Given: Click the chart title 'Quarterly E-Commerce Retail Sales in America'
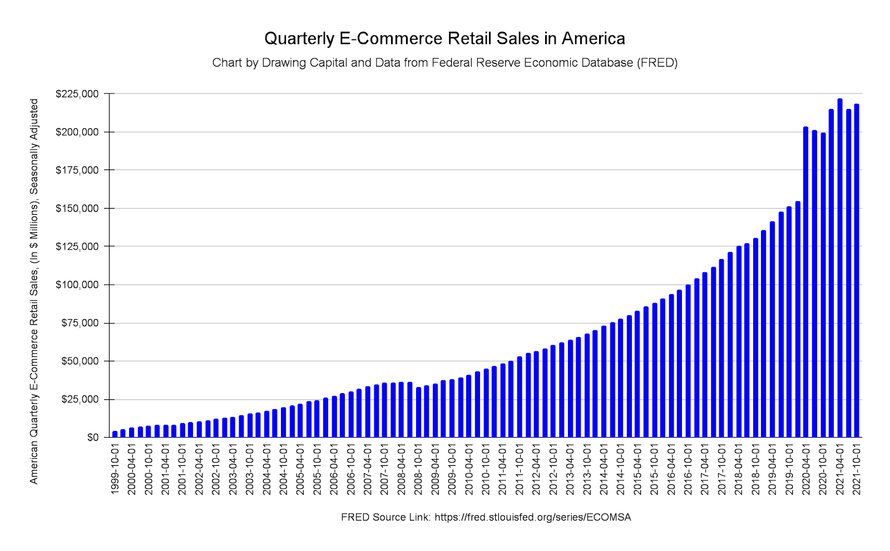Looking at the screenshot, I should tap(444, 38).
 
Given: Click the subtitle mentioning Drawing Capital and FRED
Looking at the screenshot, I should tap(444, 63).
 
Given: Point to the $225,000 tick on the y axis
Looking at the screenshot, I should tap(77, 94).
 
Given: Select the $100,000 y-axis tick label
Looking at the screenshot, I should tap(77, 285).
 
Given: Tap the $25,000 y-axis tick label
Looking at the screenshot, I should tap(80, 400).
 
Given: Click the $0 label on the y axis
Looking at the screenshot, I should tap(93, 438).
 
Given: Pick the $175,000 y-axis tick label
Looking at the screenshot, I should tap(77, 170).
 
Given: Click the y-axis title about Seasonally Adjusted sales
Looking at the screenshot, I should tap(34, 291).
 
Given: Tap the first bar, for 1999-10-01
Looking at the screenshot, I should tap(115, 434).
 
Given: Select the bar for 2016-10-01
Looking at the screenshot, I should tap(688, 361).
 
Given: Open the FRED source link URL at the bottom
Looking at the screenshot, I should tap(532, 518).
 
